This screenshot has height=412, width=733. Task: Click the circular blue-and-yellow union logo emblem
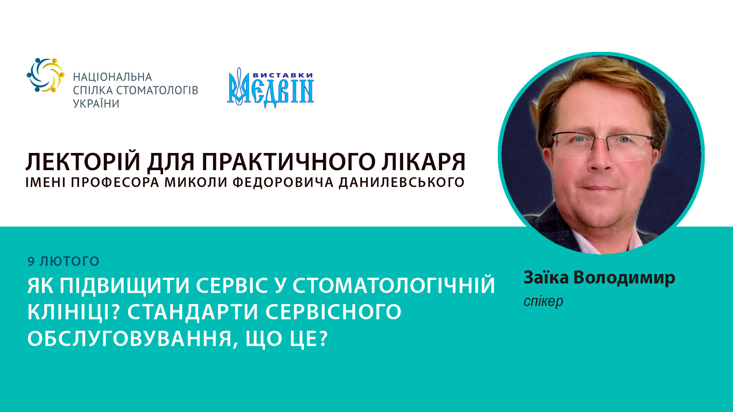point(45,75)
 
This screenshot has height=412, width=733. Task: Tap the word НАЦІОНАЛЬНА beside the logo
point(113,77)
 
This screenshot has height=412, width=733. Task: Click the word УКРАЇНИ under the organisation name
point(96,104)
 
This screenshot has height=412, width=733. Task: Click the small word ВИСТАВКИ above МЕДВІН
point(283,75)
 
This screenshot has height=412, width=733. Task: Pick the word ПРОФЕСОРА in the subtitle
point(115,183)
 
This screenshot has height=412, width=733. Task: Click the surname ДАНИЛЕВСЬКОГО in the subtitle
point(402,183)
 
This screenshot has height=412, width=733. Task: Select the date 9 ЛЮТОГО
point(63,261)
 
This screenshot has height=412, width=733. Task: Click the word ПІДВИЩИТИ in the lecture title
point(125,286)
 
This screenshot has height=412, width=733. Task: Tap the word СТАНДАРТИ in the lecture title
point(192,312)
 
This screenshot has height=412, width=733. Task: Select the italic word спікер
point(543,301)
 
